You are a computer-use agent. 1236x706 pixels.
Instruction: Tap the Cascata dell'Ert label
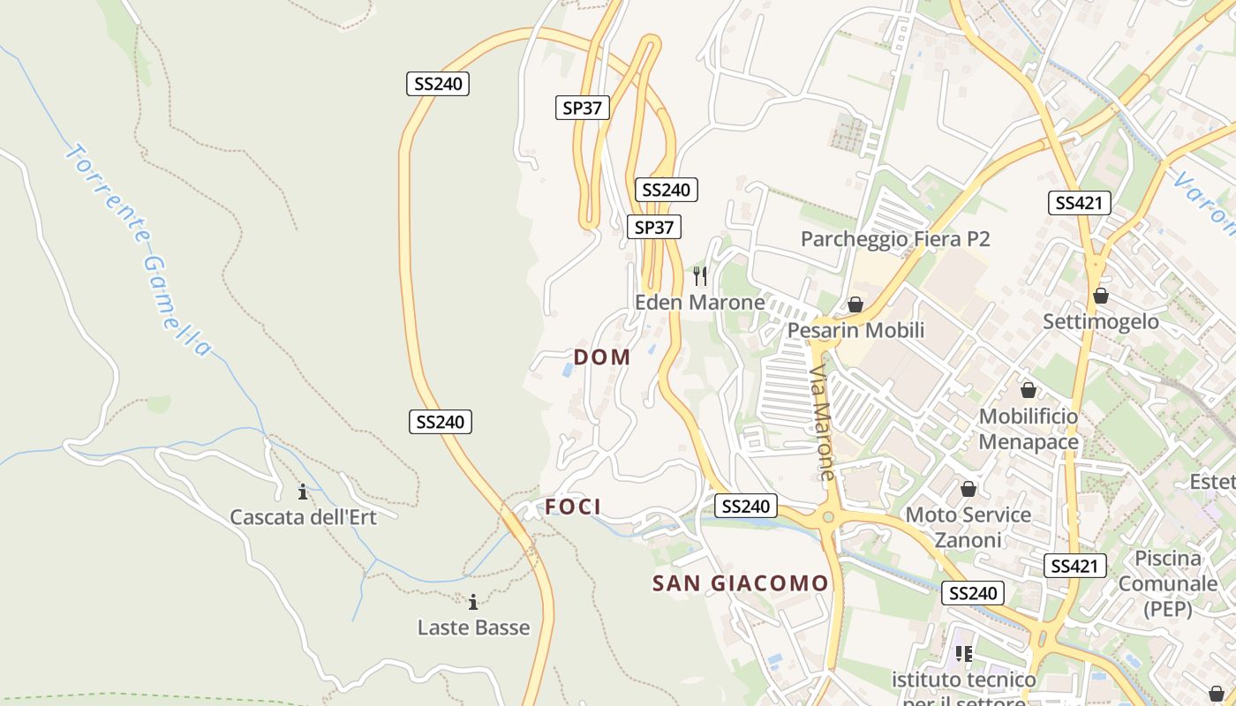[x=303, y=517]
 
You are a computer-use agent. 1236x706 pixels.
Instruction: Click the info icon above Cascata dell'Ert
[x=303, y=492]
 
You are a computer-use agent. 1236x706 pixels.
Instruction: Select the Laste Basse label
[x=473, y=627]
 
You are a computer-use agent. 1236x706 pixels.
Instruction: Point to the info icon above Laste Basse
[x=473, y=603]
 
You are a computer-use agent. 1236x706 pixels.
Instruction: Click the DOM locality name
[x=602, y=357]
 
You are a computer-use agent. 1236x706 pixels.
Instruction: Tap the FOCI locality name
[x=573, y=507]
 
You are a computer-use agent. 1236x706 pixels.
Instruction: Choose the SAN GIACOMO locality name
[x=741, y=583]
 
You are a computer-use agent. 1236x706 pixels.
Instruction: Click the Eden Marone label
[x=700, y=303]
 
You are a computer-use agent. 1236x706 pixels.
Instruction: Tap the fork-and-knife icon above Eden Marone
[x=700, y=276]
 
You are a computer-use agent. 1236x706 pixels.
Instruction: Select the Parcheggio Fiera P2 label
[x=895, y=239]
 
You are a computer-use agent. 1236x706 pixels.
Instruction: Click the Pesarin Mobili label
[x=855, y=330]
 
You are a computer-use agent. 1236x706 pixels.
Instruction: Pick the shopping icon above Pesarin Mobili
[x=855, y=304]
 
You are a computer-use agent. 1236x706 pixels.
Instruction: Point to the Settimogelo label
[x=1101, y=321]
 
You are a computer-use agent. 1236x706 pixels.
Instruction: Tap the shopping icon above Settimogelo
[x=1101, y=296]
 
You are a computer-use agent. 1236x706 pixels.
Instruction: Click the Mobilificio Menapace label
[x=1029, y=429]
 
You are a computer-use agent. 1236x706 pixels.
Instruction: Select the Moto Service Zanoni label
[x=968, y=527]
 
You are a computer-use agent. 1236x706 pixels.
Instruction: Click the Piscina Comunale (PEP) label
[x=1168, y=583]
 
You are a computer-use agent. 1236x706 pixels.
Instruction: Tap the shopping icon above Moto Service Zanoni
[x=968, y=489]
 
